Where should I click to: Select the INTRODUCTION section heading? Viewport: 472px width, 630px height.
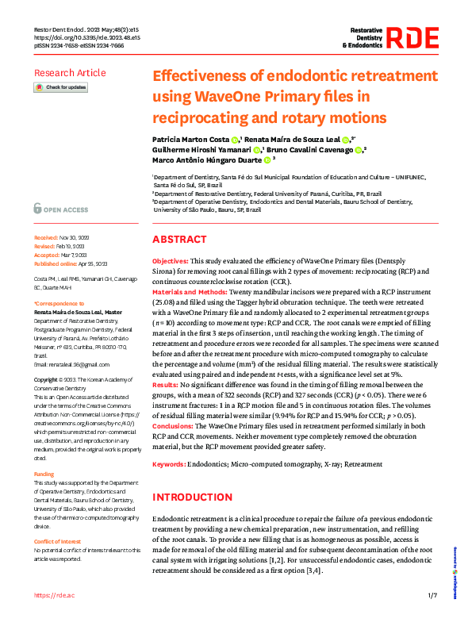194,497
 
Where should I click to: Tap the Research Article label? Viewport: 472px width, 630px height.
69,73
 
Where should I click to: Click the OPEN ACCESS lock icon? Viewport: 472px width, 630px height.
38,209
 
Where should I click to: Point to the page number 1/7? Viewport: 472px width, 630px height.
432,595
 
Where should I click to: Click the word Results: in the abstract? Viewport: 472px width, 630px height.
165,383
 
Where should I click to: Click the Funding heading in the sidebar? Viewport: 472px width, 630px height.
44,474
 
